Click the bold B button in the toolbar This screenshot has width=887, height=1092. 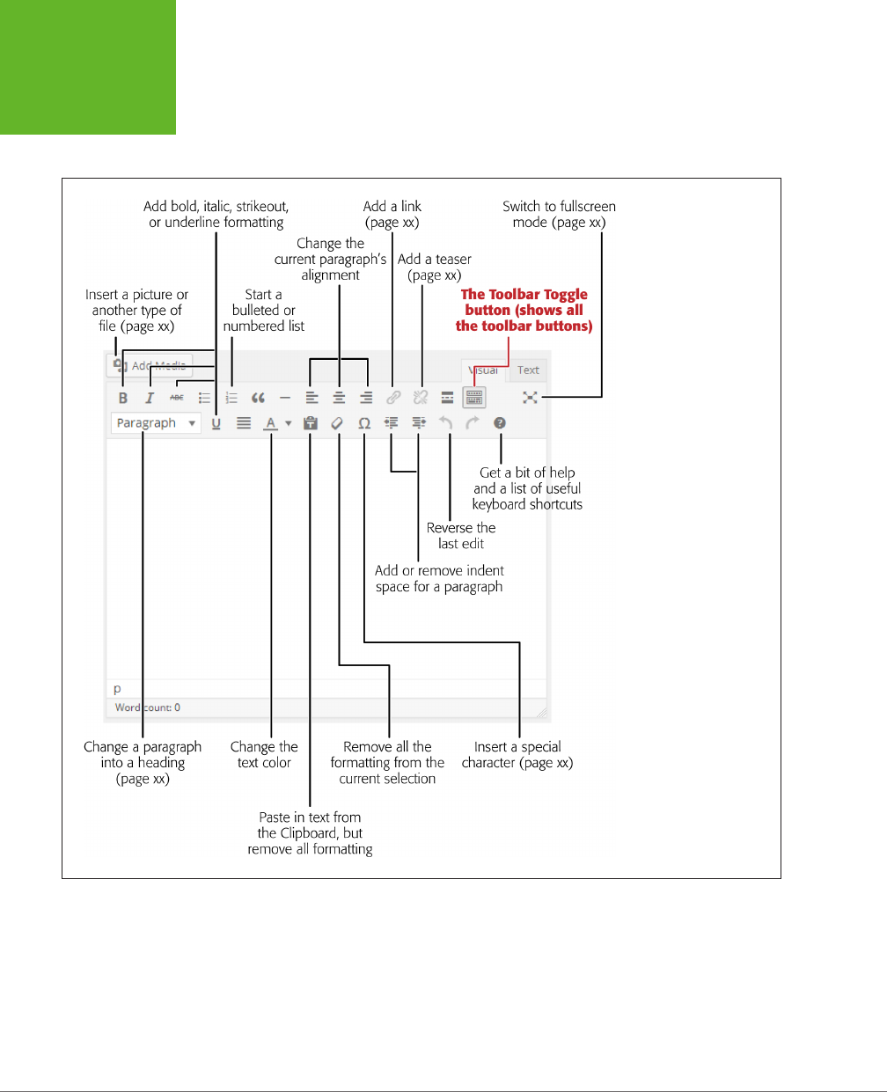tap(123, 398)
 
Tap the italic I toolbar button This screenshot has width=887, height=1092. tap(150, 398)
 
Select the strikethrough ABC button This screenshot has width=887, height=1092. tap(177, 398)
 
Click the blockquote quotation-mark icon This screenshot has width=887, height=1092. tap(258, 398)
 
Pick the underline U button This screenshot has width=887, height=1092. tap(216, 423)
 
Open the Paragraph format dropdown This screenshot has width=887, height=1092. tap(156, 423)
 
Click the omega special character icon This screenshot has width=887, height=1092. tap(364, 423)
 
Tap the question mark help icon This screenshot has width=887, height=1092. tap(500, 423)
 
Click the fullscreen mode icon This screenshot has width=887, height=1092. tap(530, 398)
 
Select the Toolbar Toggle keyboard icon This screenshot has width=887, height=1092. tap(474, 398)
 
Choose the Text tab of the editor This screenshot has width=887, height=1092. tap(528, 370)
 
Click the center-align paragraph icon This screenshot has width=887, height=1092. tap(339, 398)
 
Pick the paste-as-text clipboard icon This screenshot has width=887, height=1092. tap(310, 423)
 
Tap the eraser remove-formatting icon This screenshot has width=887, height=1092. tap(337, 423)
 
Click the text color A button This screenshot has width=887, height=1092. tap(271, 423)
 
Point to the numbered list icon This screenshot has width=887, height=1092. tap(231, 398)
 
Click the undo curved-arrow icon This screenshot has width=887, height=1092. tap(446, 423)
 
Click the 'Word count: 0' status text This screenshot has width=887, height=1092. tap(148, 707)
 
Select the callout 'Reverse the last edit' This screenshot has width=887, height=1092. tap(461, 536)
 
